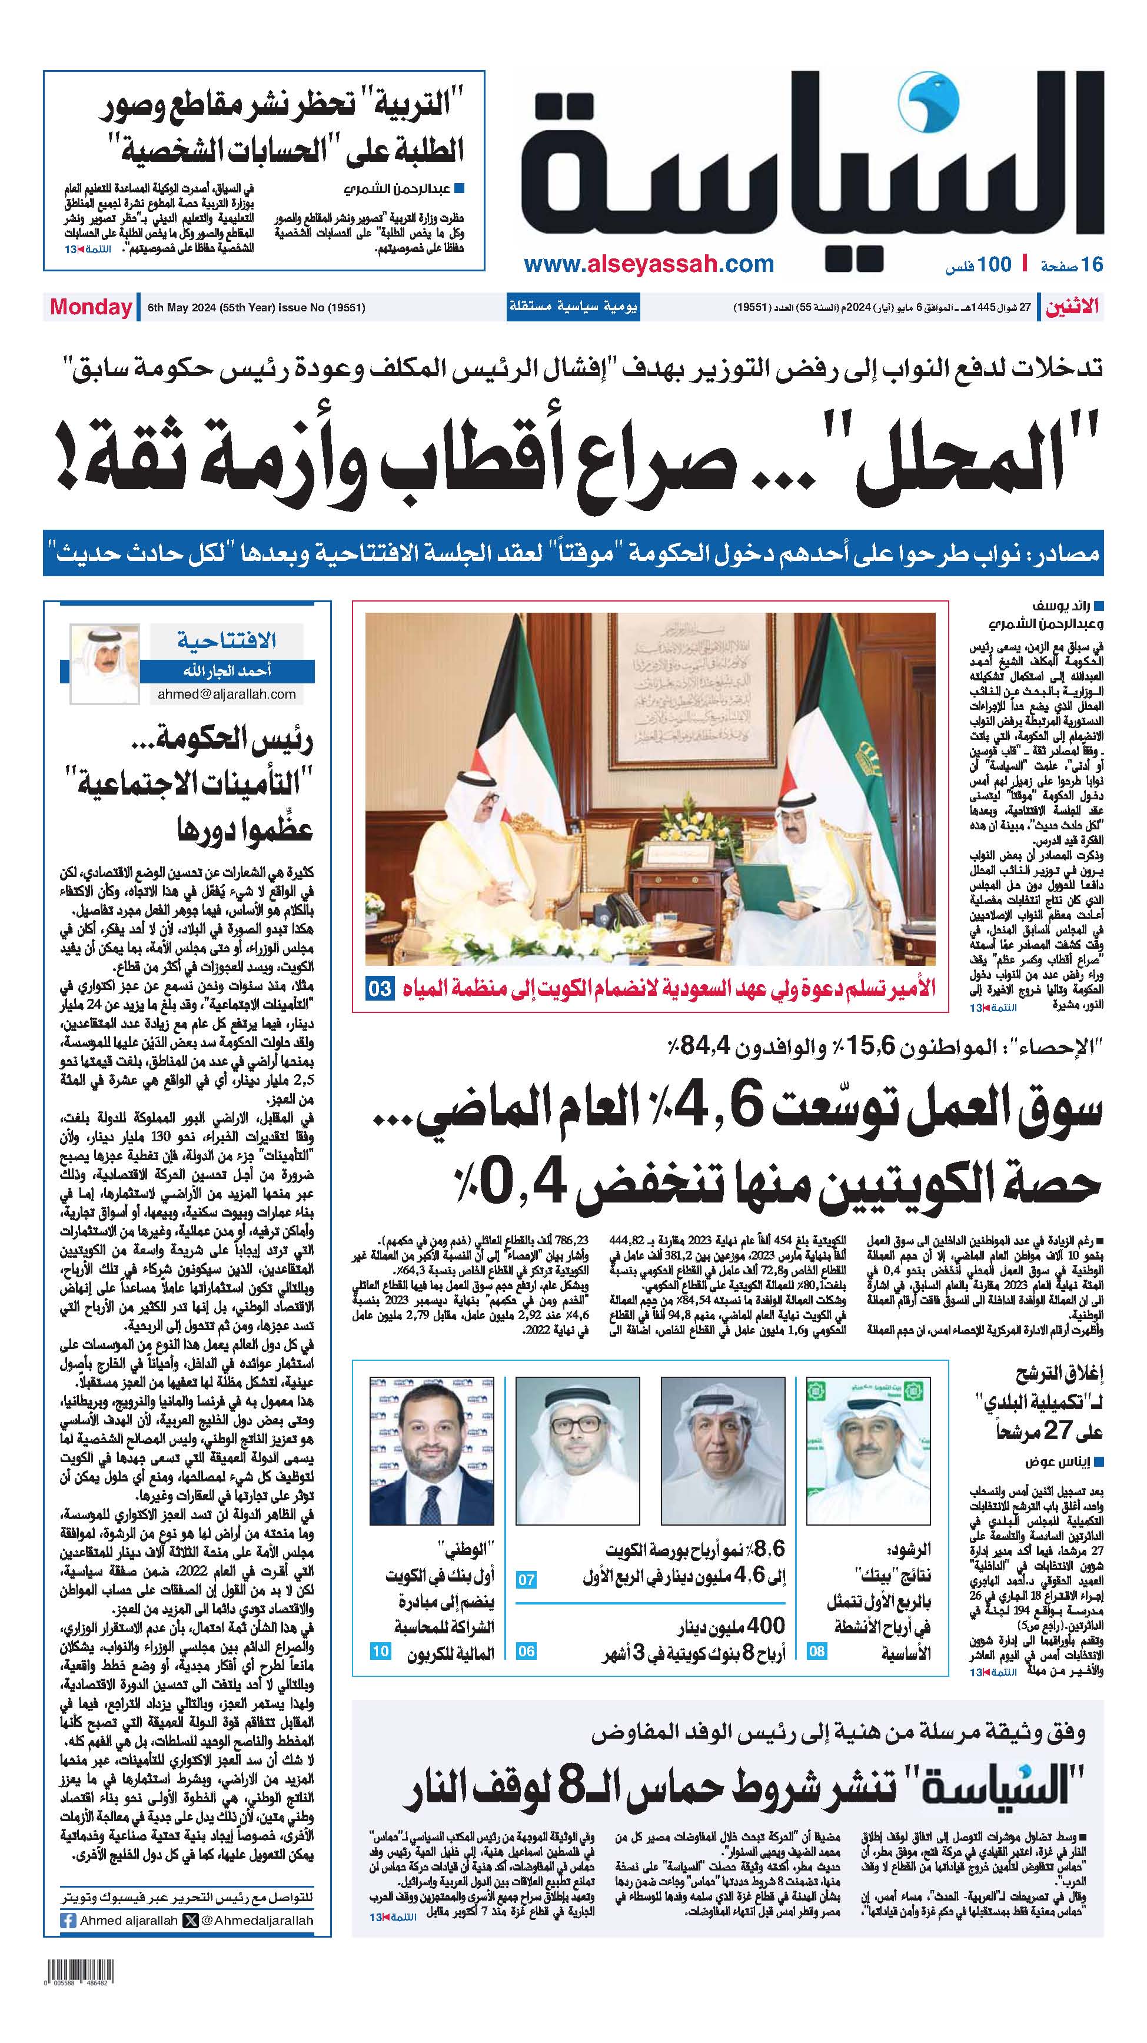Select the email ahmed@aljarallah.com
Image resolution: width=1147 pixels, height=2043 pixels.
click(x=227, y=694)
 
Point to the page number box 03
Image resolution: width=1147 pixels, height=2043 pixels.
click(x=379, y=988)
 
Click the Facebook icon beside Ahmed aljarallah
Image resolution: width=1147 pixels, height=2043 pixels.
click(x=68, y=1921)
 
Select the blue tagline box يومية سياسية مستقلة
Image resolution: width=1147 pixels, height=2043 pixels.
click(x=573, y=307)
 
